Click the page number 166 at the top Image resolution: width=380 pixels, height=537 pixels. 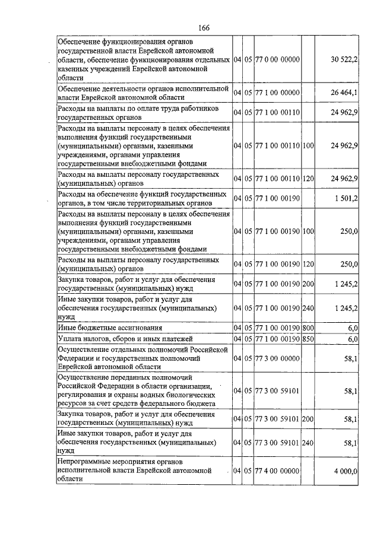(204, 27)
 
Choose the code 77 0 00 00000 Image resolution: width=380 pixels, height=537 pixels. (277, 60)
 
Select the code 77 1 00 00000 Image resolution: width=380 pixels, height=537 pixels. (277, 93)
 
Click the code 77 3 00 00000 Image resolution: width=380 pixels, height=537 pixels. (277, 359)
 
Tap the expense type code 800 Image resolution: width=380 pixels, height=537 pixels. (308, 328)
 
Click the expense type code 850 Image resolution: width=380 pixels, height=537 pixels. (308, 339)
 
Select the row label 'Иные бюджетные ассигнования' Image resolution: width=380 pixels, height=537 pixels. (109, 328)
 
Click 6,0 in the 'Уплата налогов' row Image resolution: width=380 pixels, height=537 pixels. (353, 339)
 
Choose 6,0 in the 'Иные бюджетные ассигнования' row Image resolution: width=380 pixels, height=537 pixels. (353, 328)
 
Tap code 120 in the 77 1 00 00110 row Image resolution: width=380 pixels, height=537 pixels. (308, 179)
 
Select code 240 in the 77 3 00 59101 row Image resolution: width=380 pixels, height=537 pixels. (308, 443)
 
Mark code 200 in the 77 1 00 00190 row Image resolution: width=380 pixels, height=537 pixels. (308, 285)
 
